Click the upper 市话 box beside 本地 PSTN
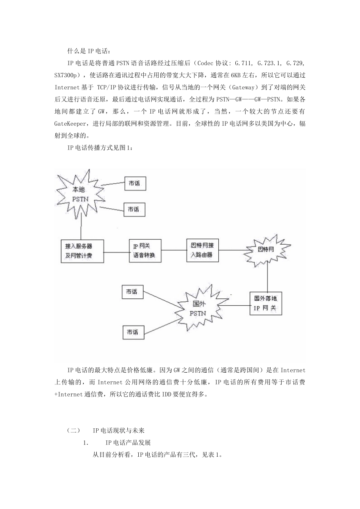[135, 183]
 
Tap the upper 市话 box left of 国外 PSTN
[132, 292]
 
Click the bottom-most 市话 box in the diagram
[132, 332]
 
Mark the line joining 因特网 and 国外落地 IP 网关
[268, 277]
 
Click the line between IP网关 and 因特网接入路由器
[174, 250]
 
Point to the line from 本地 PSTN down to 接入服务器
[81, 226]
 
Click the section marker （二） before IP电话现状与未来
[73, 431]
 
